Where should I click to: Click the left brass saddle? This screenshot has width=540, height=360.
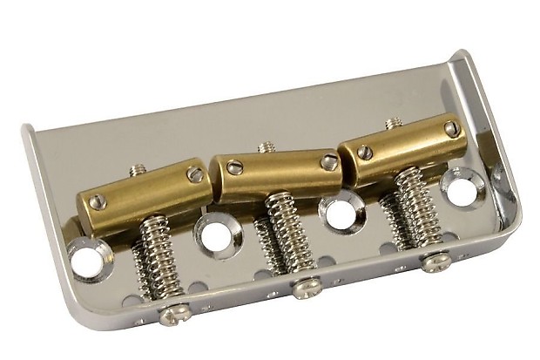pos(144,190)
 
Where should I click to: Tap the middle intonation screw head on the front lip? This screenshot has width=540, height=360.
pos(305,288)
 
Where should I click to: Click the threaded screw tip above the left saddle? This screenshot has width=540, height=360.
pos(138,170)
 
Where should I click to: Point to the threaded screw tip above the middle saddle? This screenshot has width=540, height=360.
pos(266,147)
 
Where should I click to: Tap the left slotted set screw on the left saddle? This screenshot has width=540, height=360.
pos(96,202)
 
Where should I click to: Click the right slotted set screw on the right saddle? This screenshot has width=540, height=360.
pos(450,129)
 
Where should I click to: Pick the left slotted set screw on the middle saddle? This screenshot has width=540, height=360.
pos(233,167)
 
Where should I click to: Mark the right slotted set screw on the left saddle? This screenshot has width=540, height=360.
pos(195,175)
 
